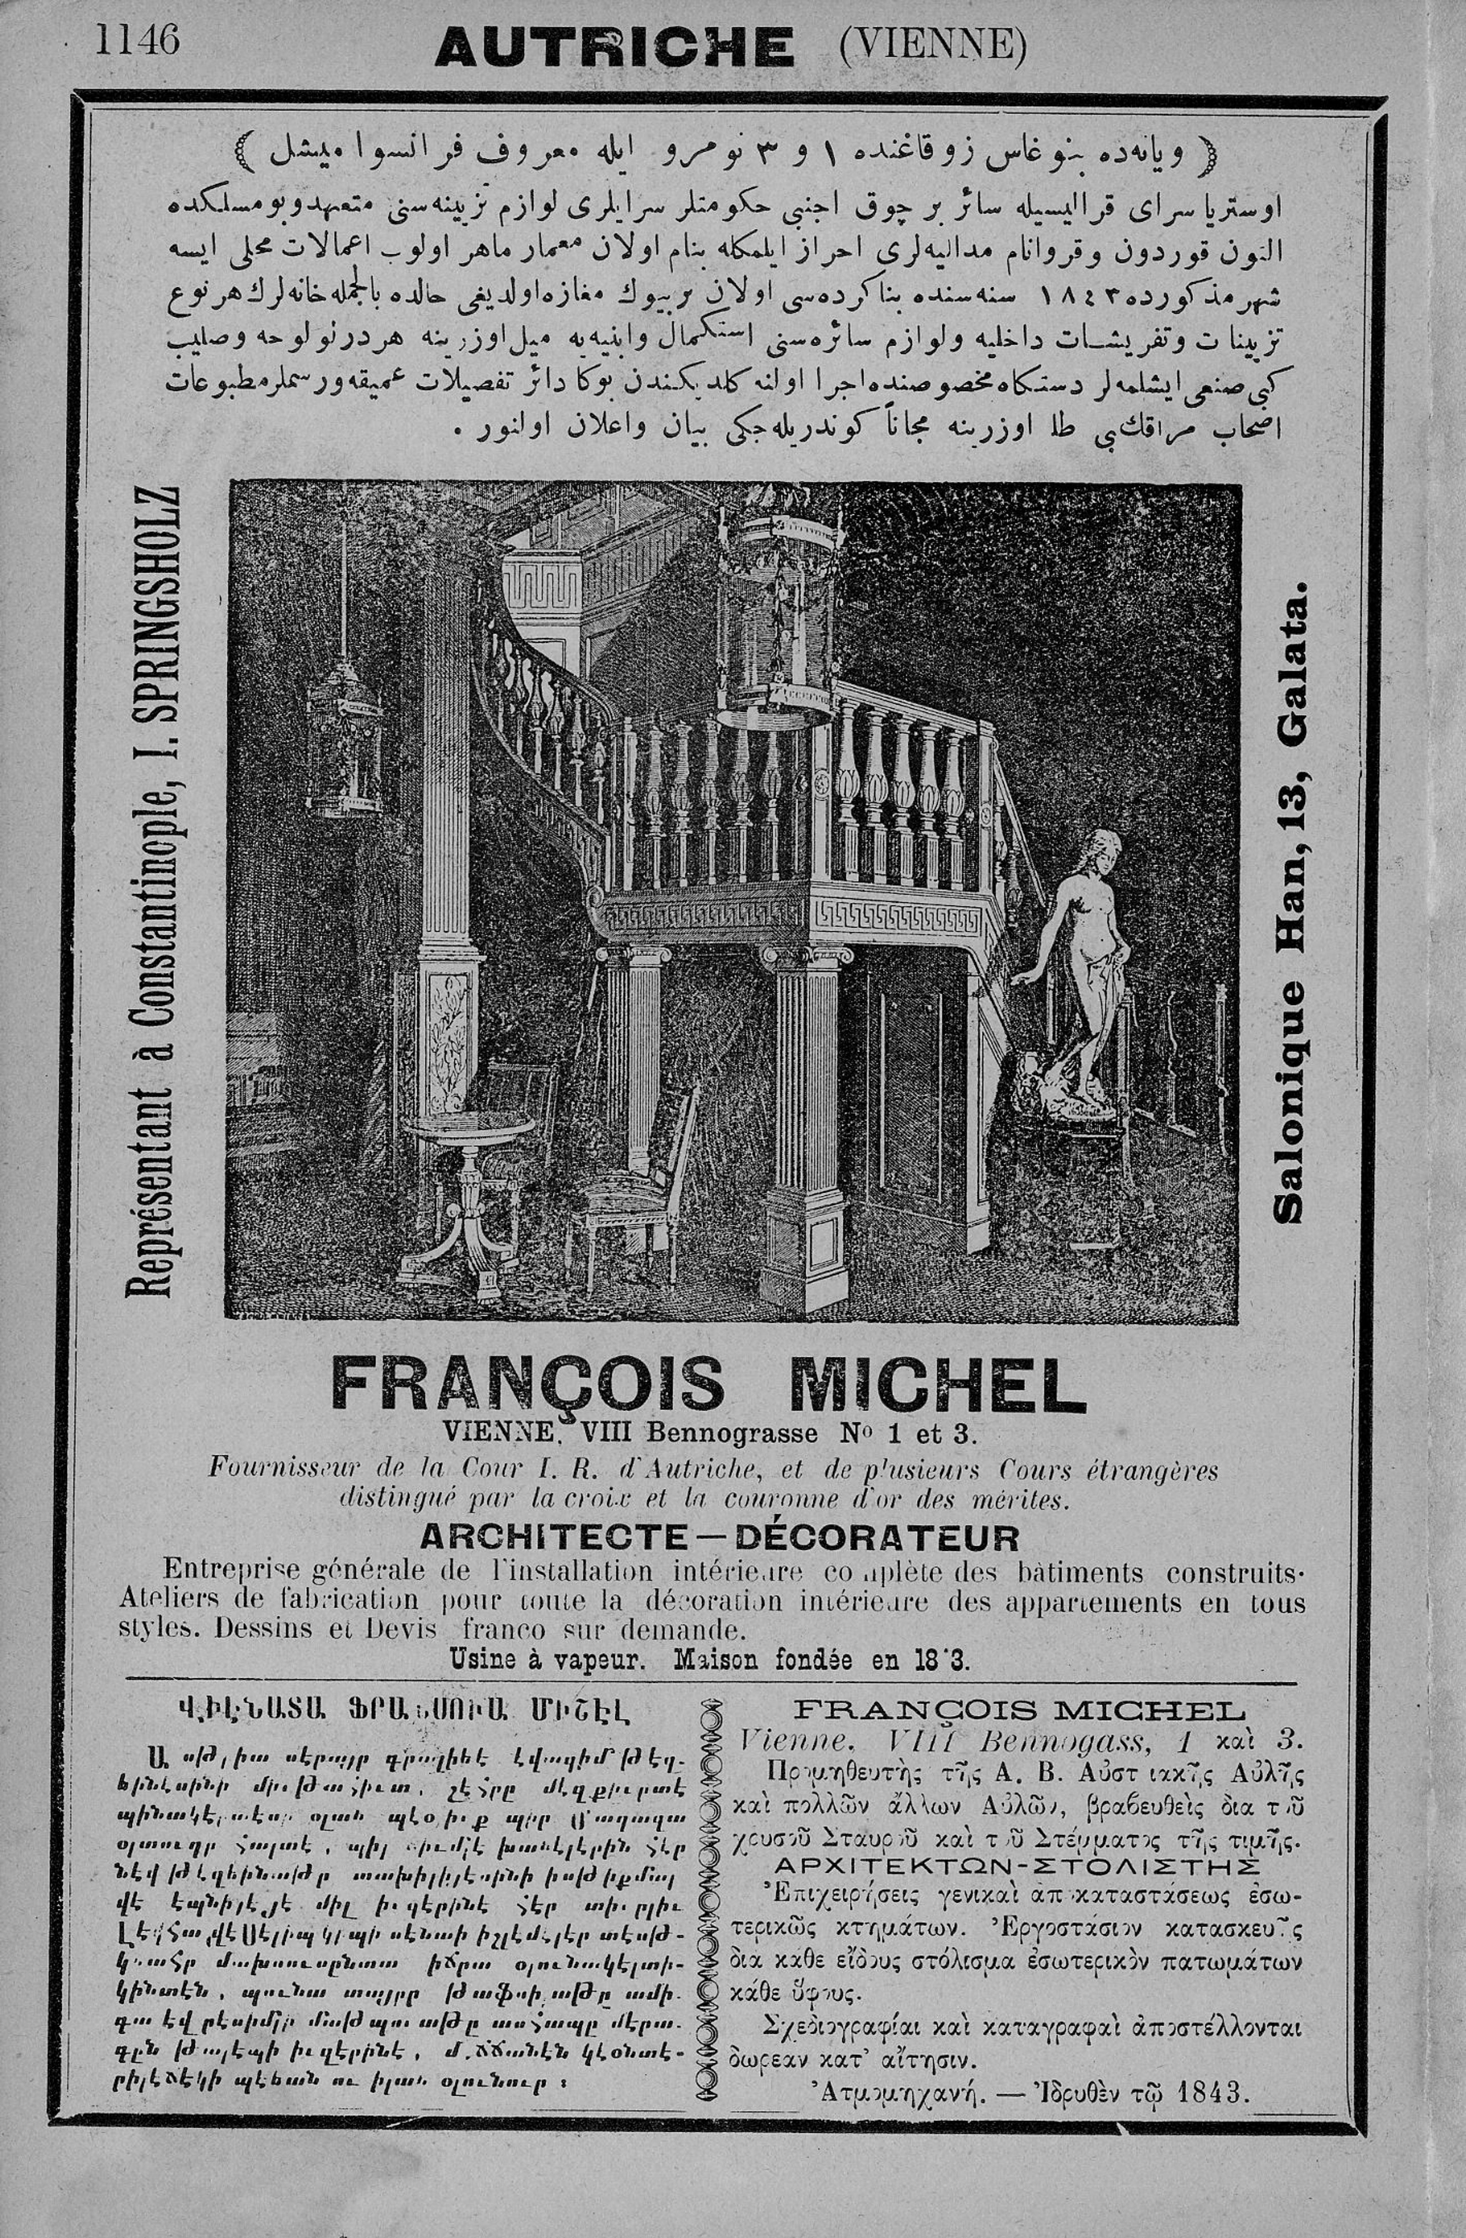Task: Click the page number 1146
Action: point(136,39)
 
